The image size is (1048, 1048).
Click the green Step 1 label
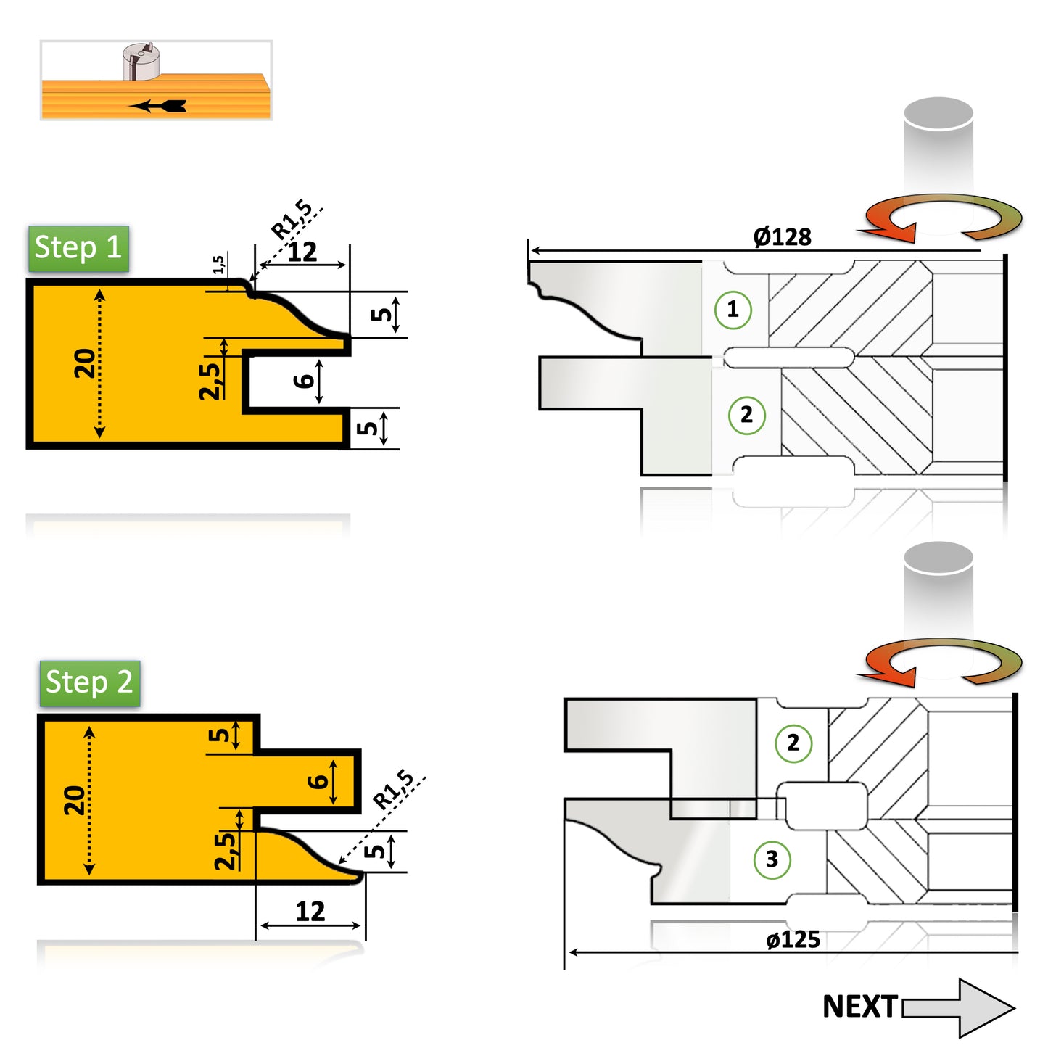click(x=78, y=249)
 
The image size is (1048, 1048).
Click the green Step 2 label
click(x=89, y=683)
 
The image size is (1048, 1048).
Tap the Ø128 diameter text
click(x=782, y=237)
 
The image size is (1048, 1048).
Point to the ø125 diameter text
click(x=793, y=940)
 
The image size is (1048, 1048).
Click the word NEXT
click(x=859, y=1007)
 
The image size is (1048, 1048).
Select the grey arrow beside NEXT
click(x=957, y=1007)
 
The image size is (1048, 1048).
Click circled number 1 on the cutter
click(x=733, y=310)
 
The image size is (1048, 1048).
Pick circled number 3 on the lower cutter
click(x=772, y=859)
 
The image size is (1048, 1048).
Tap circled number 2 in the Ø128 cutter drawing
click(x=746, y=416)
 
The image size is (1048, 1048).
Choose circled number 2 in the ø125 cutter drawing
click(x=793, y=743)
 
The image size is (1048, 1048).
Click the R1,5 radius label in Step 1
click(x=292, y=220)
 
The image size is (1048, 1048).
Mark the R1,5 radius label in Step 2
click(x=393, y=791)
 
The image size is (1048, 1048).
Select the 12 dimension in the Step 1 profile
click(x=302, y=252)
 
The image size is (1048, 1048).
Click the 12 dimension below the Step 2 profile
click(x=310, y=912)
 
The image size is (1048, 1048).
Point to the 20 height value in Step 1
click(x=85, y=363)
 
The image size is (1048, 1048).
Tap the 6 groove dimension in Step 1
click(x=304, y=381)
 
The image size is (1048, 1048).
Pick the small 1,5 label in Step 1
click(x=218, y=265)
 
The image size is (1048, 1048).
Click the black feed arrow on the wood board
click(x=160, y=106)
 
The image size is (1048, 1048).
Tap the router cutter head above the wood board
click(x=141, y=61)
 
